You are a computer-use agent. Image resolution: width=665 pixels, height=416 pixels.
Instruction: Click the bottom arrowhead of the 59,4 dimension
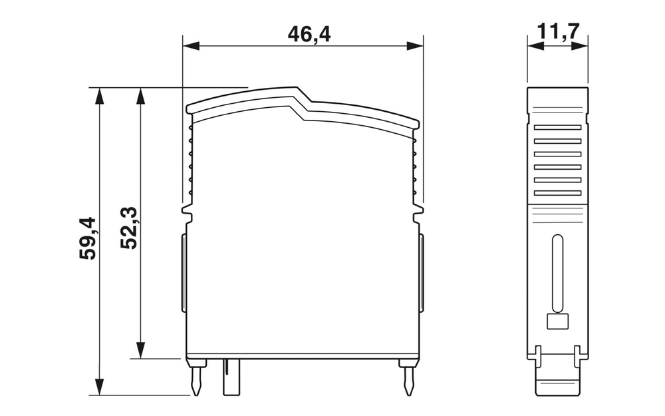(x=99, y=386)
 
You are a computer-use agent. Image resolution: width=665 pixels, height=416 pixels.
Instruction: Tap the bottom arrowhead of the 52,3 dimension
(x=140, y=350)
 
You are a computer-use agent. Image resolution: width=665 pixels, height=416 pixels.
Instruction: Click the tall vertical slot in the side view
(x=557, y=273)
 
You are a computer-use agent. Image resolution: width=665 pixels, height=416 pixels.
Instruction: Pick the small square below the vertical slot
(x=557, y=322)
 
